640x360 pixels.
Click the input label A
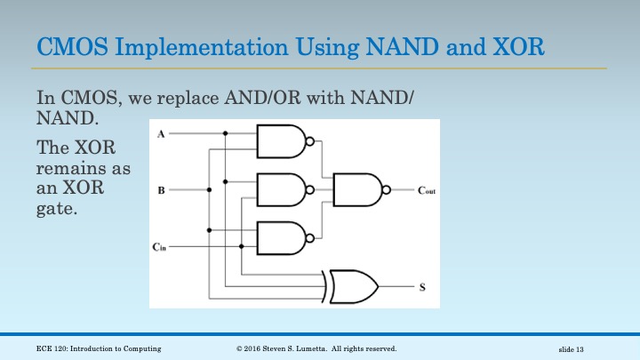(x=160, y=133)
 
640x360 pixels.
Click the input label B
(x=160, y=189)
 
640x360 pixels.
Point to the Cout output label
(x=427, y=191)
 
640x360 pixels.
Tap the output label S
(x=421, y=287)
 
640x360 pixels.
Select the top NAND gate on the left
(x=281, y=140)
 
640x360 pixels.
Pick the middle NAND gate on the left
(x=281, y=188)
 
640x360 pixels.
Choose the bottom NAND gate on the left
(x=281, y=236)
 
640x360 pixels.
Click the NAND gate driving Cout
(x=358, y=188)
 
